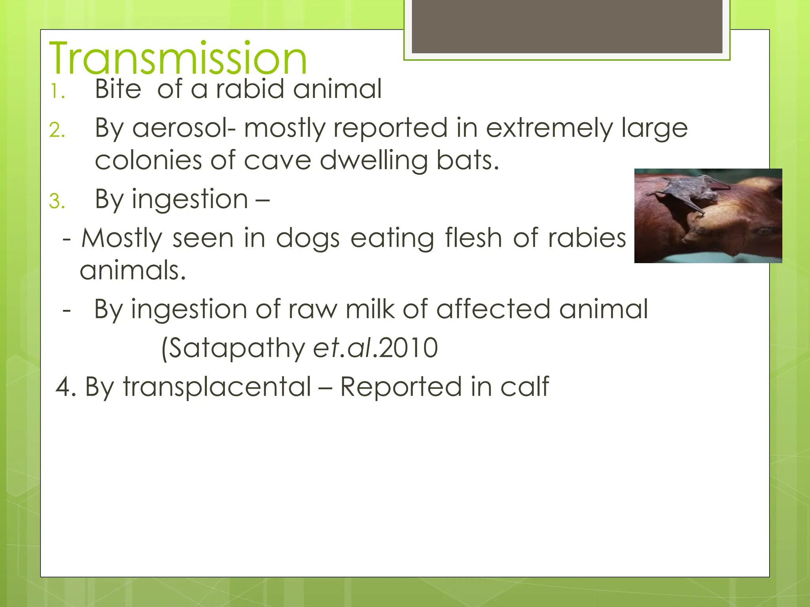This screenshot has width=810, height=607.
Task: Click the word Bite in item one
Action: click(118, 89)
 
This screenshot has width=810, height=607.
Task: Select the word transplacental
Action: click(217, 386)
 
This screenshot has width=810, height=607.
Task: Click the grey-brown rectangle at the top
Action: click(567, 26)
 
